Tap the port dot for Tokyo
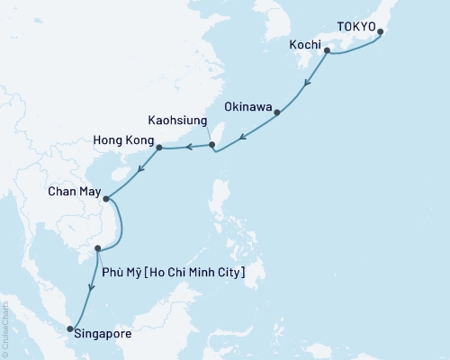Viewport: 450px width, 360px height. pos(380,32)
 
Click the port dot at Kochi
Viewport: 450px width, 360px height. pos(327,51)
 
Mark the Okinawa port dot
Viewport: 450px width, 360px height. pos(277,112)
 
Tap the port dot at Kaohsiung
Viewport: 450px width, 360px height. pos(211,144)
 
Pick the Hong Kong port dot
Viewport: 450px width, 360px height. pos(159,148)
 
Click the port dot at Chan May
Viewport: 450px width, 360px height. pos(105,199)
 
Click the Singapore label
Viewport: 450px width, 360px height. pos(105,334)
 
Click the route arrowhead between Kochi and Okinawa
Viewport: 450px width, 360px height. pos(308,85)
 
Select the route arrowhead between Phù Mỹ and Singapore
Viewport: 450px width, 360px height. pos(90,289)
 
